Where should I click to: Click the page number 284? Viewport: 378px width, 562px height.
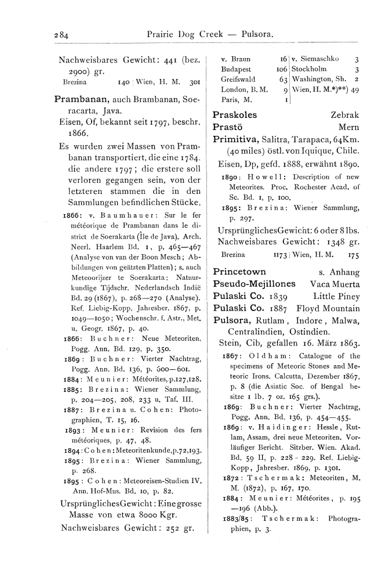pyautogui.click(x=59, y=34)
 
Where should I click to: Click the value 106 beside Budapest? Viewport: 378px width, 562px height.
pyautogui.click(x=282, y=69)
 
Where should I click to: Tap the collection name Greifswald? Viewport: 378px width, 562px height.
pyautogui.click(x=239, y=78)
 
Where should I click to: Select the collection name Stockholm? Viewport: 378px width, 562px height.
pyautogui.click(x=310, y=69)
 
